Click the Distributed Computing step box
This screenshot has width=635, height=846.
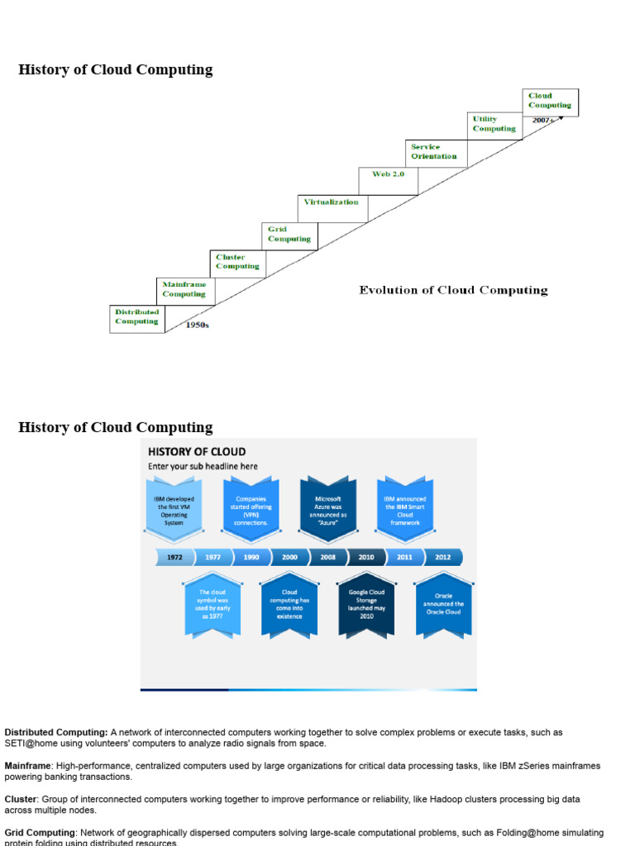(137, 318)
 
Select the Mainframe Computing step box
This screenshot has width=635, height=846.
(185, 290)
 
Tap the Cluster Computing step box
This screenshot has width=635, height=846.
(237, 263)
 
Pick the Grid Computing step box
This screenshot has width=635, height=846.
(289, 235)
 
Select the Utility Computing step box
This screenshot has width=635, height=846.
(494, 125)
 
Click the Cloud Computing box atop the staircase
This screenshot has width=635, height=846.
(551, 101)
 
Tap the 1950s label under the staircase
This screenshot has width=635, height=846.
(197, 326)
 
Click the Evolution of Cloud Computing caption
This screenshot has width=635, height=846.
(453, 290)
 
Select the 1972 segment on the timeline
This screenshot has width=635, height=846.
(174, 558)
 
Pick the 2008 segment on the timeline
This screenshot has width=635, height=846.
(328, 558)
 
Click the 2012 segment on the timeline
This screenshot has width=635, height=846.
(443, 558)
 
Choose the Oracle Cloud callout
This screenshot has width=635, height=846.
(444, 605)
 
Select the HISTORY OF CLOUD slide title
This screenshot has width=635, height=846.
(197, 452)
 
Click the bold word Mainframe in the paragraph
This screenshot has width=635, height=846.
(26, 766)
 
